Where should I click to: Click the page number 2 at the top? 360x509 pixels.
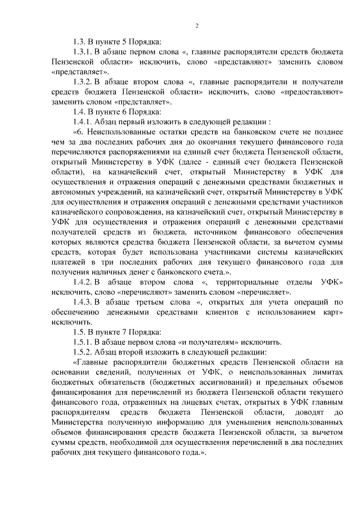[197, 24]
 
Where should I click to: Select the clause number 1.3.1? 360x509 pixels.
[84, 52]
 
